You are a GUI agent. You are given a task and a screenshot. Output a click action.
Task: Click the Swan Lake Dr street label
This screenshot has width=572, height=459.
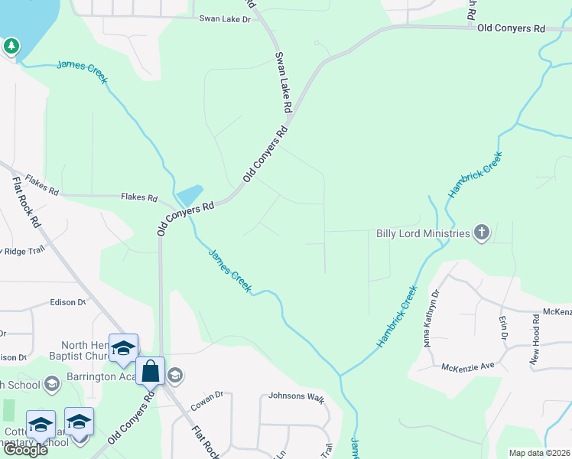(225, 18)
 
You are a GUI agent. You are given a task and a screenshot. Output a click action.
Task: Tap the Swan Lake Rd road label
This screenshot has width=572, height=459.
(282, 83)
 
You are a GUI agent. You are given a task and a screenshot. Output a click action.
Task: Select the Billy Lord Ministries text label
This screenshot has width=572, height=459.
(422, 233)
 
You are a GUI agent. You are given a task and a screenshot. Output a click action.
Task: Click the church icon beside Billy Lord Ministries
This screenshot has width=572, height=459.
(481, 233)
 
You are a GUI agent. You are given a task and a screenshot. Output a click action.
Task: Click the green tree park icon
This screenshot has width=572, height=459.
(11, 47)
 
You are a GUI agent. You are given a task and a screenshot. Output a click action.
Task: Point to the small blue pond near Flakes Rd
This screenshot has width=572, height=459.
(190, 194)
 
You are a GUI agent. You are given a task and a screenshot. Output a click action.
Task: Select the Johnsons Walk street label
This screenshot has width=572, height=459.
(296, 397)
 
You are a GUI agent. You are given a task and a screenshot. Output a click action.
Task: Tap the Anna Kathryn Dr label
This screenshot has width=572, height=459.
(431, 317)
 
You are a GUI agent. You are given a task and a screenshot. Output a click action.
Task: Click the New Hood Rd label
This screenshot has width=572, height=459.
(536, 338)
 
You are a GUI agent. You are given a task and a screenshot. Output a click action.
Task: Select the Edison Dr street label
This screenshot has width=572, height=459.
(67, 302)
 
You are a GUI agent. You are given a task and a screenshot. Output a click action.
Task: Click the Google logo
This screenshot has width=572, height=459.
(25, 450)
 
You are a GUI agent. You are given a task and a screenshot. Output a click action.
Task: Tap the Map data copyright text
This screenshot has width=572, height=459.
(538, 453)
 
